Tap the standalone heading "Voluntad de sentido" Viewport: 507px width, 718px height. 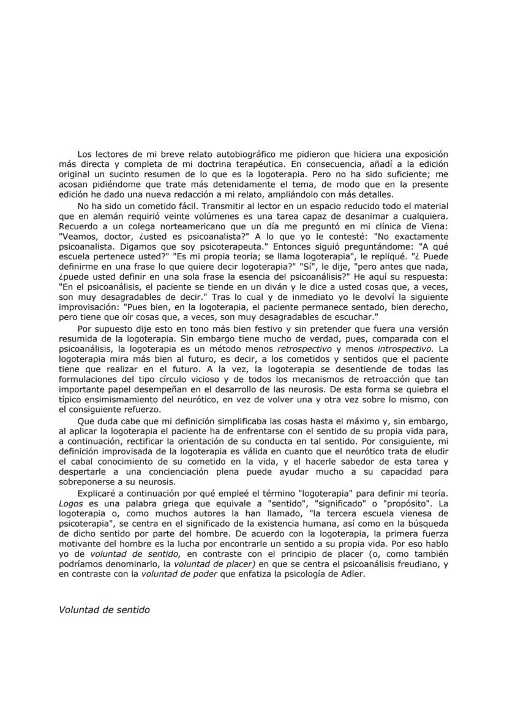(x=105, y=610)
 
